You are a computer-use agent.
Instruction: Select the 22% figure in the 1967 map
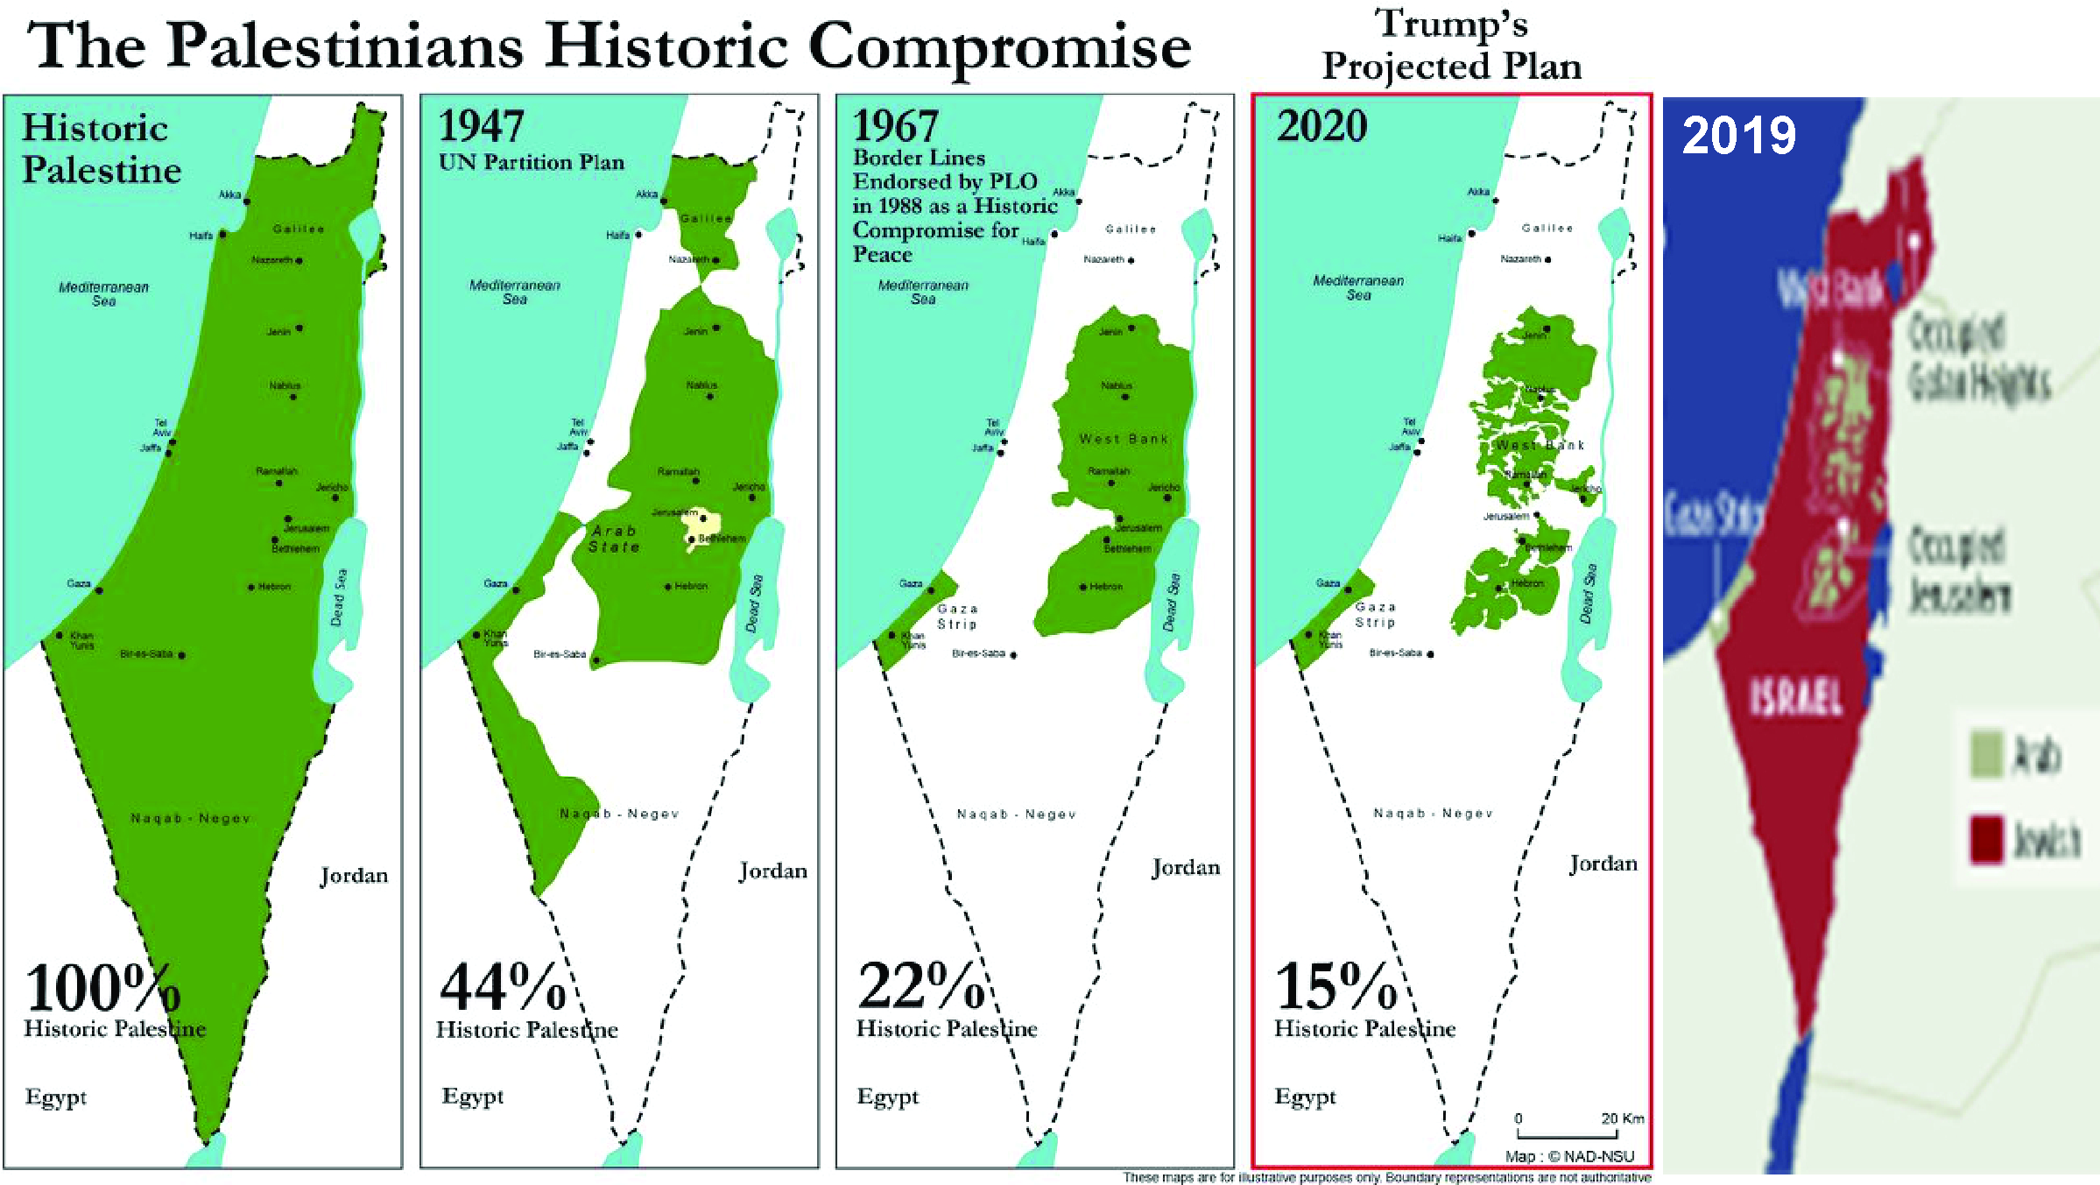921,986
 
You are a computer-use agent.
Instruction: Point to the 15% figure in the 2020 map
1335,986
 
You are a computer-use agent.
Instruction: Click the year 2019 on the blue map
1738,136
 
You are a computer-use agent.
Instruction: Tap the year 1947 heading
481,126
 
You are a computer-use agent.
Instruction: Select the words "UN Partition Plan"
531,163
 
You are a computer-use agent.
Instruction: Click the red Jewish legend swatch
1986,839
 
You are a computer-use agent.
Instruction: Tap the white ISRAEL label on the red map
1796,698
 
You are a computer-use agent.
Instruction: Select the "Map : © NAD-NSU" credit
1569,1156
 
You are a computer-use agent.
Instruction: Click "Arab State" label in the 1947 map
614,539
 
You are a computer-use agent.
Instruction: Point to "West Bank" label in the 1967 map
1124,439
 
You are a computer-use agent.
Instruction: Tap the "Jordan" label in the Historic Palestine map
354,875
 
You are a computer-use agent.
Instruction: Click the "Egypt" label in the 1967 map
888,1097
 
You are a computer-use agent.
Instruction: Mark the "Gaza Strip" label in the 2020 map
1375,614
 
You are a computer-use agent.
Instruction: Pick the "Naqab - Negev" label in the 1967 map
1016,815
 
